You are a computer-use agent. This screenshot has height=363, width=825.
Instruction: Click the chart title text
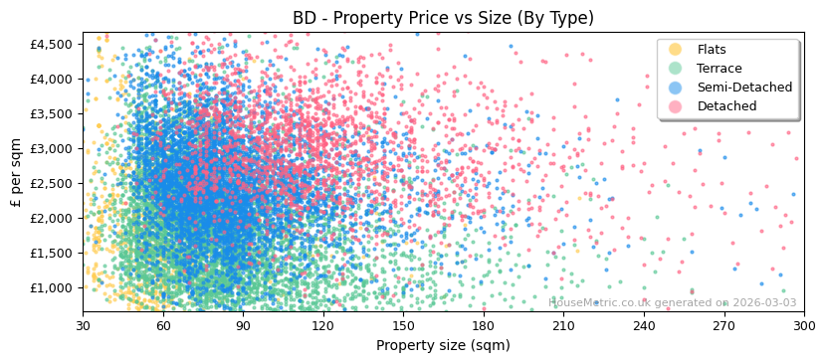[x=443, y=18]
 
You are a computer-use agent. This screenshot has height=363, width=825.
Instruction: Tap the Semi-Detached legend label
[x=744, y=88]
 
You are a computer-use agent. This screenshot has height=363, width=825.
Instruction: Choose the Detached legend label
[x=726, y=106]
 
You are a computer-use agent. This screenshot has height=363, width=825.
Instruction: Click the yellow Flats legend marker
[x=676, y=50]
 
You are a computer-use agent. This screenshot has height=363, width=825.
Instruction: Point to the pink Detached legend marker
[x=676, y=106]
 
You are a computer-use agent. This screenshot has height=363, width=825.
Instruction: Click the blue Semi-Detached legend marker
[x=676, y=88]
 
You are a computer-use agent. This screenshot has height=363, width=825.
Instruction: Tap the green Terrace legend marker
[x=676, y=69]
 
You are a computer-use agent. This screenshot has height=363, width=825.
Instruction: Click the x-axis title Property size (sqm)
[x=443, y=346]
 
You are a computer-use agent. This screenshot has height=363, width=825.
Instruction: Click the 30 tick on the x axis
[x=83, y=325]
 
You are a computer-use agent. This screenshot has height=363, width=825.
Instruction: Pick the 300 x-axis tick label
[x=804, y=325]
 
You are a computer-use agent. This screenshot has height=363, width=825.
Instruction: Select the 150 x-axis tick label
[x=403, y=325]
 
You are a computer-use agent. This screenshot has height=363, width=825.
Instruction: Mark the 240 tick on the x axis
[x=644, y=325]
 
